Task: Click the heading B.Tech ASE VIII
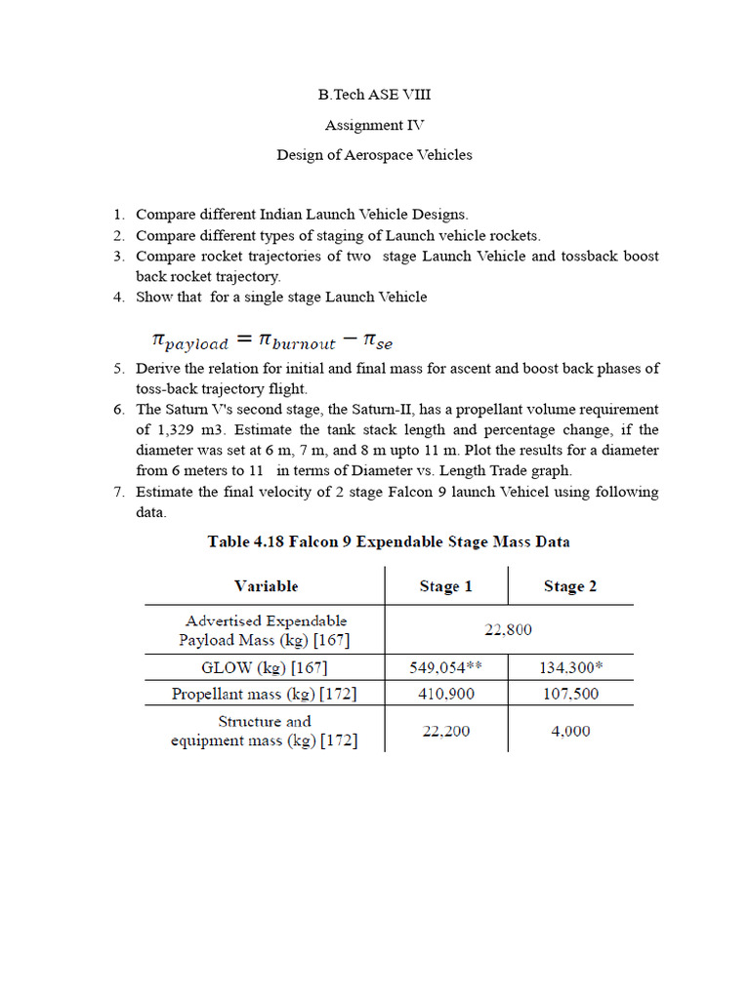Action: (x=374, y=95)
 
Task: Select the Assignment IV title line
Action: (x=374, y=125)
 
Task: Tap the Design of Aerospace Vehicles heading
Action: (x=374, y=154)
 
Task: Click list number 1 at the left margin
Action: (x=117, y=214)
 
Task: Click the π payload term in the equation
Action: (x=190, y=340)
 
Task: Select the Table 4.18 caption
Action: (x=389, y=541)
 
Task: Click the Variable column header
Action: (x=266, y=586)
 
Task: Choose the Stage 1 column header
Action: (x=446, y=586)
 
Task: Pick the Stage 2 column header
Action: (x=570, y=586)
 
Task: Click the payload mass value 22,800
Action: (x=508, y=630)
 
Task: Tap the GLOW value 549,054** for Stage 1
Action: (x=446, y=668)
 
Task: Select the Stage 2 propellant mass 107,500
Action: (x=570, y=695)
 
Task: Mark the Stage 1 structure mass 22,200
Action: (x=446, y=731)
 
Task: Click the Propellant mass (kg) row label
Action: (x=264, y=695)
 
